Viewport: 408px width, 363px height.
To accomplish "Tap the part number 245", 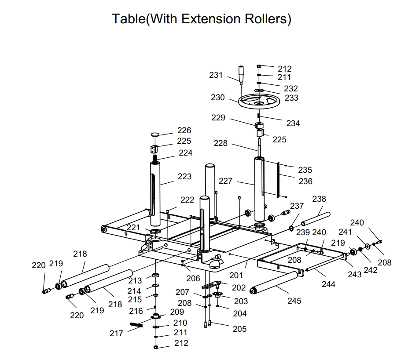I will pyautogui.click(x=294, y=301).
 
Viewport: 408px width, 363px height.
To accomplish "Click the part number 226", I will pyautogui.click(x=184, y=131).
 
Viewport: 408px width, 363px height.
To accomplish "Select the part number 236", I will pyautogui.click(x=305, y=181).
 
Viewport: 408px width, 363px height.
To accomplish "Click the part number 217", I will pyautogui.click(x=117, y=334).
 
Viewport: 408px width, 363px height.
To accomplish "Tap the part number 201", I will pyautogui.click(x=236, y=275).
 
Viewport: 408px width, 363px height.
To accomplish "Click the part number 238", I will pyautogui.click(x=319, y=199).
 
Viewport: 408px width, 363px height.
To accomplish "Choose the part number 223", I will pyautogui.click(x=185, y=176).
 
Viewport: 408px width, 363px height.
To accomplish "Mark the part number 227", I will pyautogui.click(x=226, y=181).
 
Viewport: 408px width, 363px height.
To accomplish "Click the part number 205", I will pyautogui.click(x=240, y=329).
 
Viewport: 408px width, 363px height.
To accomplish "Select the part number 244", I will pyautogui.click(x=328, y=284).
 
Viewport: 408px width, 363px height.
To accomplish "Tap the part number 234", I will pyautogui.click(x=293, y=123).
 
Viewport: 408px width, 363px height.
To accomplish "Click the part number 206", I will pyautogui.click(x=193, y=278).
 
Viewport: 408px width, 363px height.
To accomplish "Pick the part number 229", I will pyautogui.click(x=218, y=118).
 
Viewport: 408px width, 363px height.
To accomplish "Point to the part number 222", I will pyautogui.click(x=187, y=200).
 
